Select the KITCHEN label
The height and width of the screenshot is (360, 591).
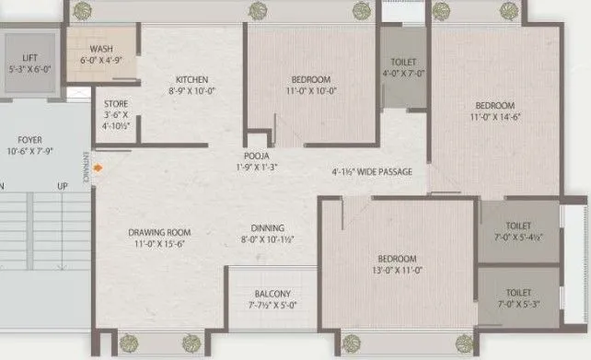[191, 79]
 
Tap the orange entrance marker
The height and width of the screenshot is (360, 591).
[96, 168]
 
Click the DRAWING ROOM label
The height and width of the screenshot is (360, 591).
[159, 233]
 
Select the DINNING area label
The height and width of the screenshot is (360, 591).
[268, 228]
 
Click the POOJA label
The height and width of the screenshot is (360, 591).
[256, 157]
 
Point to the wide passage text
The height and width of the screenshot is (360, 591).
[372, 172]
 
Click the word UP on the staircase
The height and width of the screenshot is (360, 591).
[63, 186]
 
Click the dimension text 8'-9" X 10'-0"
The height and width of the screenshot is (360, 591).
[191, 90]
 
